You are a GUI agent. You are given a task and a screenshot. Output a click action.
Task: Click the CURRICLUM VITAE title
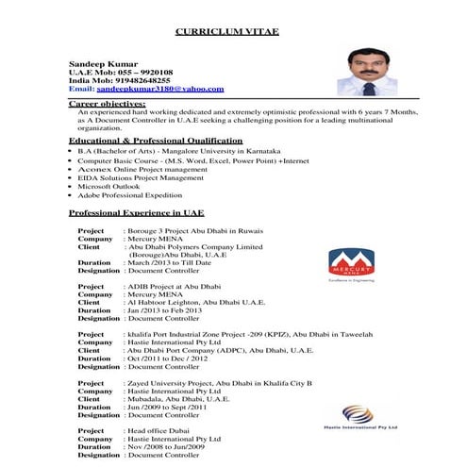click(226, 31)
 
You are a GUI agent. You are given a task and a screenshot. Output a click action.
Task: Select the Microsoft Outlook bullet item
click(108, 187)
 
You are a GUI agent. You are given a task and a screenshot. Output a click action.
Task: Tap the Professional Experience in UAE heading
click(136, 213)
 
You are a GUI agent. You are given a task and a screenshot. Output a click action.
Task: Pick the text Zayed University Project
click(170, 383)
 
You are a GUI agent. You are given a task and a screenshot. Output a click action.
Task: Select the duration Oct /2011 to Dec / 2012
click(172, 359)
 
